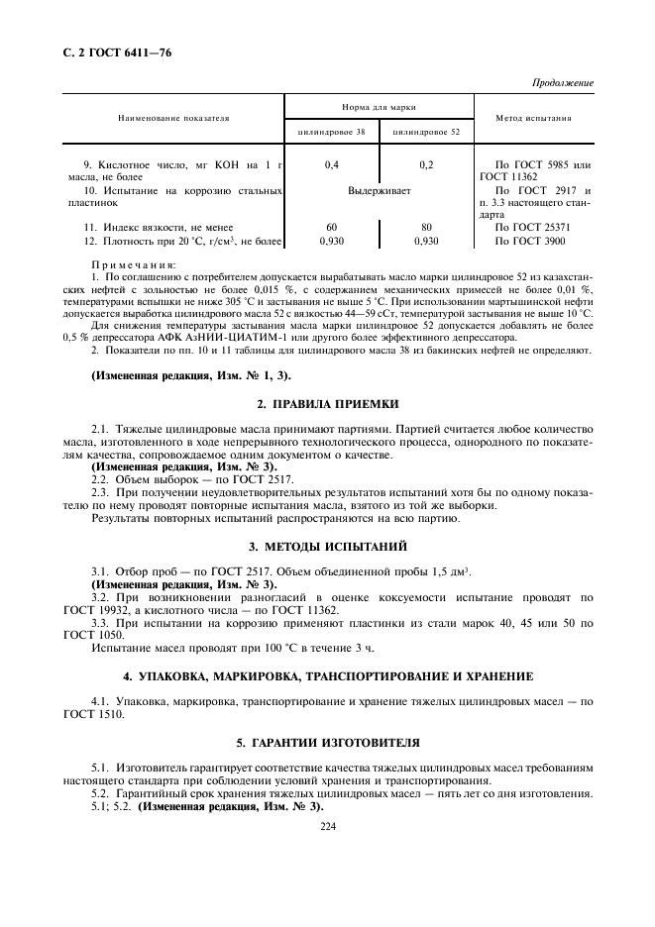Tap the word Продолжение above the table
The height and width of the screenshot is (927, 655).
click(x=562, y=82)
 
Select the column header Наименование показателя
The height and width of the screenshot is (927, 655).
click(x=173, y=118)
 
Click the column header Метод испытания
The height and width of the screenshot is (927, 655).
click(x=534, y=118)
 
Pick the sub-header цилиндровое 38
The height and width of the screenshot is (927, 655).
click(x=332, y=131)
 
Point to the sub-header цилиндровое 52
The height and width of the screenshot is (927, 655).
click(x=426, y=131)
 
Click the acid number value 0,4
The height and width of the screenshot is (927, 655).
click(x=332, y=163)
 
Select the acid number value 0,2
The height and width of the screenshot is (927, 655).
click(x=426, y=163)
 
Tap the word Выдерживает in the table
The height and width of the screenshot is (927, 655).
click(x=379, y=189)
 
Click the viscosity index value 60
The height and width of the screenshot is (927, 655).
click(x=332, y=227)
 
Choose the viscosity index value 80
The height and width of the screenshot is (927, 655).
click(x=426, y=227)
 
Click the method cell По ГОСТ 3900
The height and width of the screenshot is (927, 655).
click(x=531, y=240)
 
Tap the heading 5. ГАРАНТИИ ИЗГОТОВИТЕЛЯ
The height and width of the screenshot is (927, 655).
click(x=328, y=742)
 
